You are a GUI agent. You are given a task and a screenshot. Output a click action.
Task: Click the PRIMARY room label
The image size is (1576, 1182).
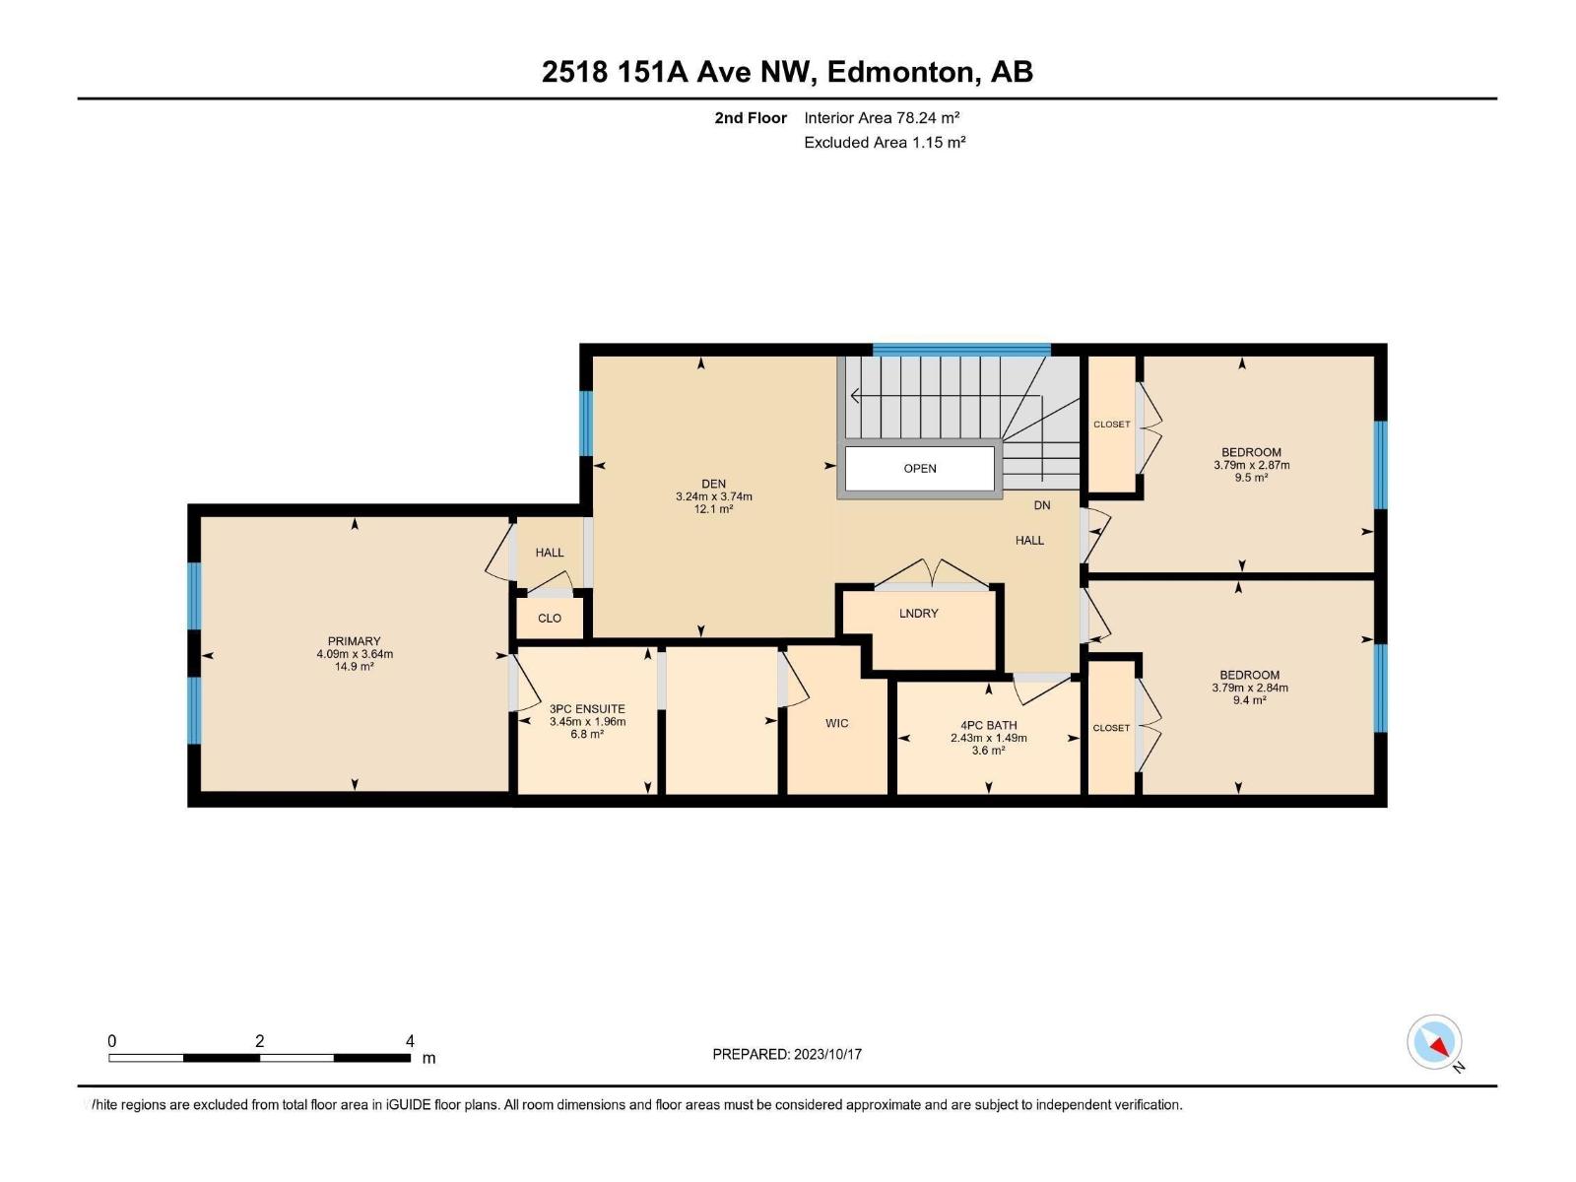pos(354,641)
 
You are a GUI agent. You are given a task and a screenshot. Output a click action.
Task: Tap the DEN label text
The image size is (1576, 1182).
pos(713,484)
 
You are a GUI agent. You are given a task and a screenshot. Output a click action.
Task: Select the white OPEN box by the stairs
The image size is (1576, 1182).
pos(919,468)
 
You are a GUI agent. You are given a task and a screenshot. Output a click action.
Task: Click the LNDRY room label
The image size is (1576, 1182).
pos(918,613)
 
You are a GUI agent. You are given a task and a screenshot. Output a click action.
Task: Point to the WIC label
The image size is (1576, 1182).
pos(836,723)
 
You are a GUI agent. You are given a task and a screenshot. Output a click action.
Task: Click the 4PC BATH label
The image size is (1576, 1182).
pos(988,725)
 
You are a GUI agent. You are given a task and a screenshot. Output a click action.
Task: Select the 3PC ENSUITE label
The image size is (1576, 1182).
pos(587,708)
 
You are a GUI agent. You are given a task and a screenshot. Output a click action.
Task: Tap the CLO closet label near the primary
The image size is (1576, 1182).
pos(550,619)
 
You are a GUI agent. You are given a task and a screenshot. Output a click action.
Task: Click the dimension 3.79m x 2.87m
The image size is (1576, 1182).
pos(1251,465)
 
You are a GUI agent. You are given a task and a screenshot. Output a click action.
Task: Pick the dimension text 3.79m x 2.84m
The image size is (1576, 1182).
pos(1249,688)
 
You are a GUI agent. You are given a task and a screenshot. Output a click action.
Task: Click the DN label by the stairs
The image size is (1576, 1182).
pos(1042,505)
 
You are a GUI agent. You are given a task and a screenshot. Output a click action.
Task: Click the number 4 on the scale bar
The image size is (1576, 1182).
pos(410,1041)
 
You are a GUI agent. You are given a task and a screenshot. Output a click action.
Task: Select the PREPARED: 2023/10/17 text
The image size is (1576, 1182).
pos(787,1054)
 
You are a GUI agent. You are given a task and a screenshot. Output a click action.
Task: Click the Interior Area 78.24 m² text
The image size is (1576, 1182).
pos(882,117)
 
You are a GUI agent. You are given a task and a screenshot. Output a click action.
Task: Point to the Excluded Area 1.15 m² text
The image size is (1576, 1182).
pos(884,142)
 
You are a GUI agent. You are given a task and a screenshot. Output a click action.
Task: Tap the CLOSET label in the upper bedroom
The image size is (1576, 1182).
pos(1111,425)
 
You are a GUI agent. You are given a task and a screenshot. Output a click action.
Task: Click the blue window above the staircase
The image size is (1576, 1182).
pos(960,349)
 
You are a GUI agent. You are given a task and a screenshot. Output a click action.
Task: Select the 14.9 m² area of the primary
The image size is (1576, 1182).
pos(354,667)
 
